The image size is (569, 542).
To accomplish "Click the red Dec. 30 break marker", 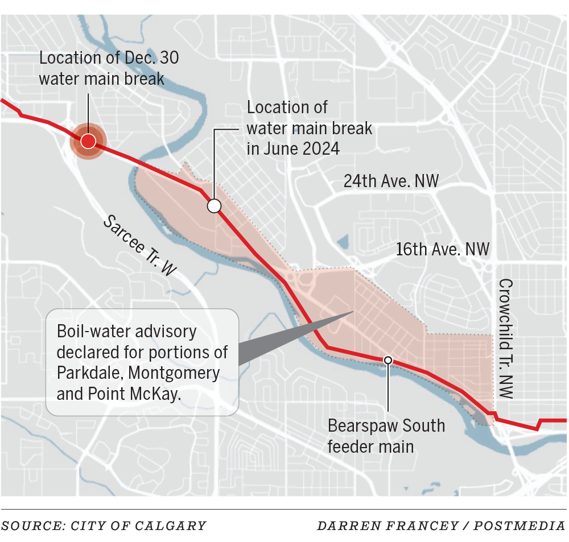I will click(88, 141).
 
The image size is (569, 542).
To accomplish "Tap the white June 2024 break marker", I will click(214, 206).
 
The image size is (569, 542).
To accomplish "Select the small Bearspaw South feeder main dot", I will click(388, 359).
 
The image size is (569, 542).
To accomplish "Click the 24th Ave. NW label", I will click(391, 181).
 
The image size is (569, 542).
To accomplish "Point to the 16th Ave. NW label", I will click(443, 249).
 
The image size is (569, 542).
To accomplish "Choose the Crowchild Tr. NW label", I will click(505, 338).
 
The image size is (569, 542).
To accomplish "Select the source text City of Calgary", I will click(138, 526).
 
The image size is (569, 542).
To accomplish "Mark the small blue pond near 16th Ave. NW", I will click(343, 243).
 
